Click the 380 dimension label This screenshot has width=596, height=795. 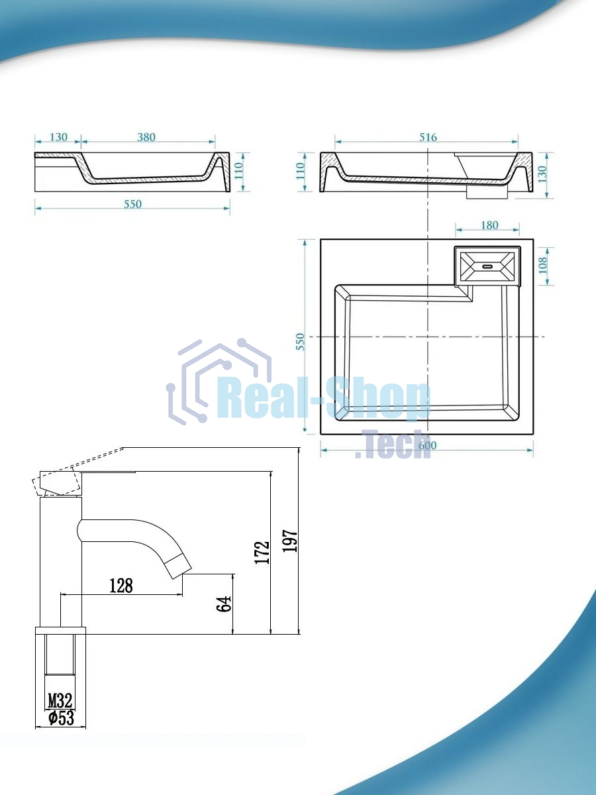click(146, 137)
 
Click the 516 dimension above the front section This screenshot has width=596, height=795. click(428, 137)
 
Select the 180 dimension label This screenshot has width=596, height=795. click(489, 225)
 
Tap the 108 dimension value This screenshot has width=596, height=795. click(543, 266)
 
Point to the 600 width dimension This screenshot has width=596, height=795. click(427, 445)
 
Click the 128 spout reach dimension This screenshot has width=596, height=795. click(121, 585)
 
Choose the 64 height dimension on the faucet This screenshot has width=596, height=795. click(224, 604)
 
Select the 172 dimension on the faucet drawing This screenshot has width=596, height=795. click(262, 553)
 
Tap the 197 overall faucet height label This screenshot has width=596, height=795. click(290, 541)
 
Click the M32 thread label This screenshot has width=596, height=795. click(60, 701)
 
